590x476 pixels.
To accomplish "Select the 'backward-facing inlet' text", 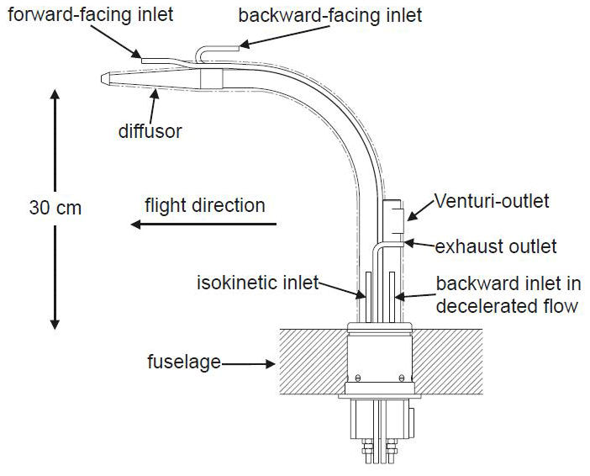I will click(329, 15).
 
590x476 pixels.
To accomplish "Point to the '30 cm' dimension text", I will click(54, 207).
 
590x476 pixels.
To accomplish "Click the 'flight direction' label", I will click(204, 205).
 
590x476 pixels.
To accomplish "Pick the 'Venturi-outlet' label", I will click(492, 201).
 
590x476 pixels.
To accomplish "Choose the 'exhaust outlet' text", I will click(496, 246).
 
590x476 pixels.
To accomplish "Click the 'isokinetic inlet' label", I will click(256, 283).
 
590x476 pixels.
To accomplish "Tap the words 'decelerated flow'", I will click(507, 305).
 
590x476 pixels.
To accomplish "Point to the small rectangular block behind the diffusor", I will click(211, 78).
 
